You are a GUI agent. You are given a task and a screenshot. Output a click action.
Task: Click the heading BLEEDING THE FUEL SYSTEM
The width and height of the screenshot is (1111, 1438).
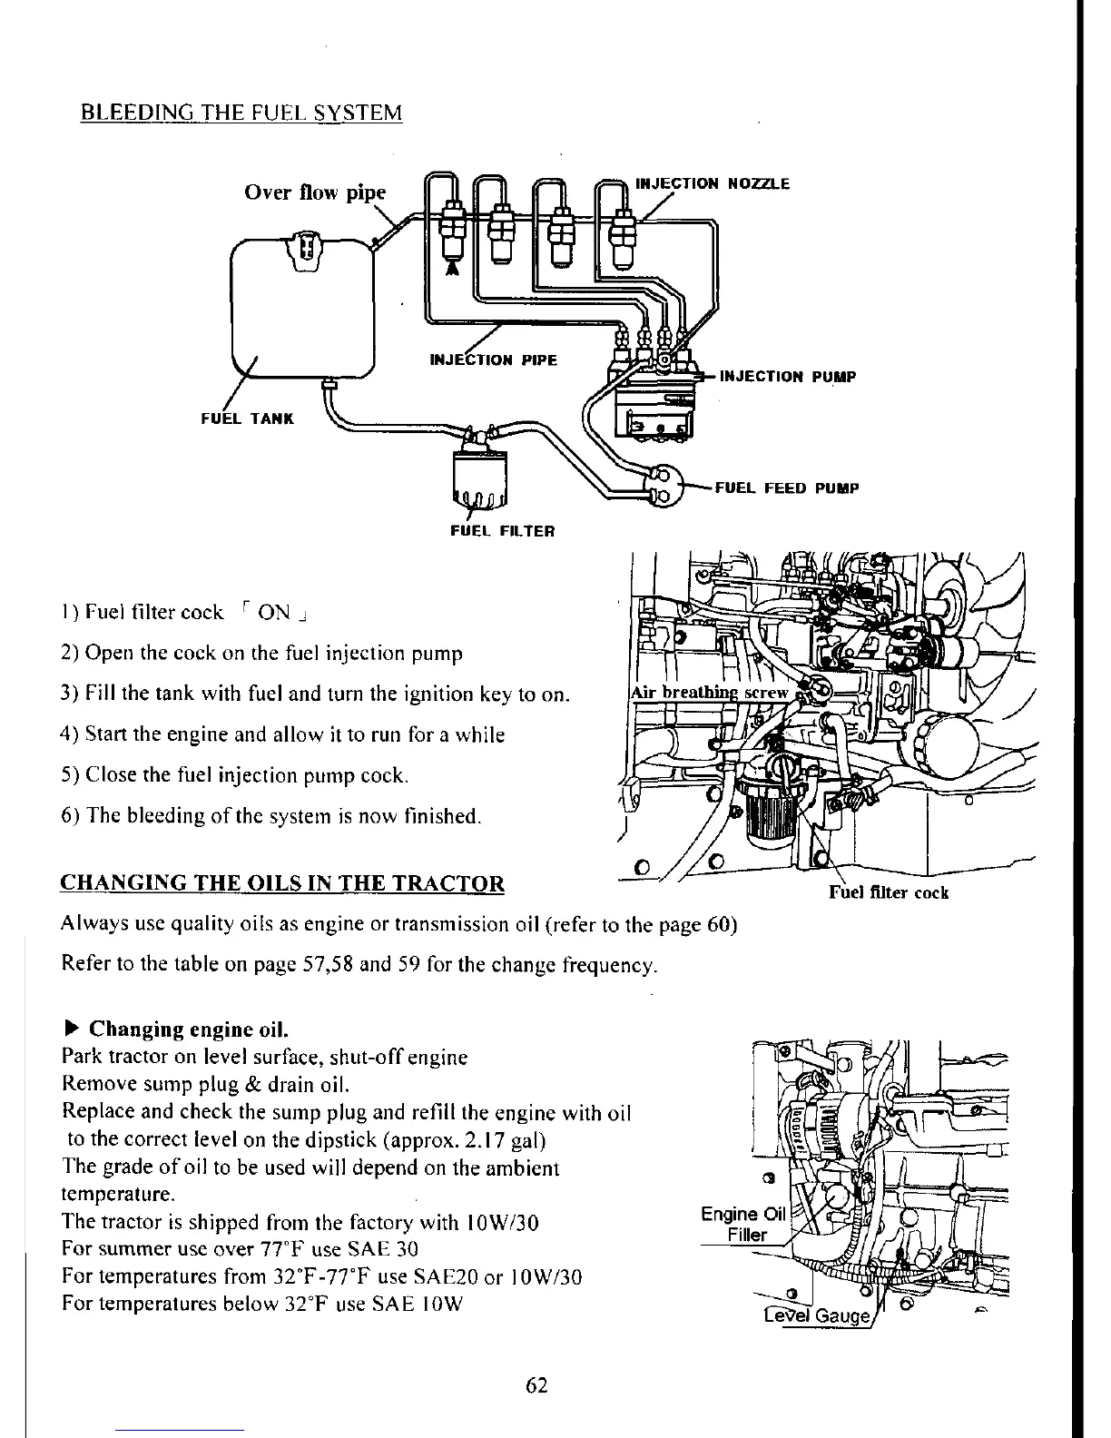click(x=241, y=113)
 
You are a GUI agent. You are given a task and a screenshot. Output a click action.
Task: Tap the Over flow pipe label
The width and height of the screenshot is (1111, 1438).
click(x=315, y=192)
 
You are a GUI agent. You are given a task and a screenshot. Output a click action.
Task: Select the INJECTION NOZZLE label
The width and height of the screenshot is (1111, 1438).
click(x=713, y=183)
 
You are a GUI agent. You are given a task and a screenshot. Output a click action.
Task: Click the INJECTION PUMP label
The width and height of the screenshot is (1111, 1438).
click(x=787, y=377)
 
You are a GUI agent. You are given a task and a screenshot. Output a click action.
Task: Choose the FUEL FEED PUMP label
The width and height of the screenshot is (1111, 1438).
click(x=787, y=488)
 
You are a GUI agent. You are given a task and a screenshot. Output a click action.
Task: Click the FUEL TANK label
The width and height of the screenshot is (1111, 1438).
click(x=247, y=419)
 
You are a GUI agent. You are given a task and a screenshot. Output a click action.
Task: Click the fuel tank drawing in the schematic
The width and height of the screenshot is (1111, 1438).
click(x=302, y=309)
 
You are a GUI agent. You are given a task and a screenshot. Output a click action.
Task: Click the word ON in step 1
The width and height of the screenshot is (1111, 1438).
click(x=273, y=612)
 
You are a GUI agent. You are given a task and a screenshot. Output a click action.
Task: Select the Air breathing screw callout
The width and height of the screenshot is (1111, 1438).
click(x=709, y=693)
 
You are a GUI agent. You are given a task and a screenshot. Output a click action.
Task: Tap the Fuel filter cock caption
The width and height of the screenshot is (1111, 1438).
click(x=889, y=892)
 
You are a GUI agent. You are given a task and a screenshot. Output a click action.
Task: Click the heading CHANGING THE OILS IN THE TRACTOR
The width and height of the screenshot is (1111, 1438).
click(x=281, y=883)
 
